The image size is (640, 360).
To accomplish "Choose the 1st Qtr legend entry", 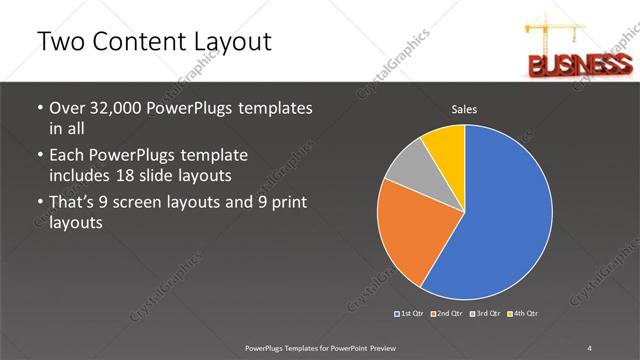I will tap(410, 313).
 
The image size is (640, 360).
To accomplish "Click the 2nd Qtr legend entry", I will tap(447, 313).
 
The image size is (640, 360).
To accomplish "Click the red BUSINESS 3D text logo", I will tap(574, 67).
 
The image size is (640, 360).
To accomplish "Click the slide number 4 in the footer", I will tap(590, 347).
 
